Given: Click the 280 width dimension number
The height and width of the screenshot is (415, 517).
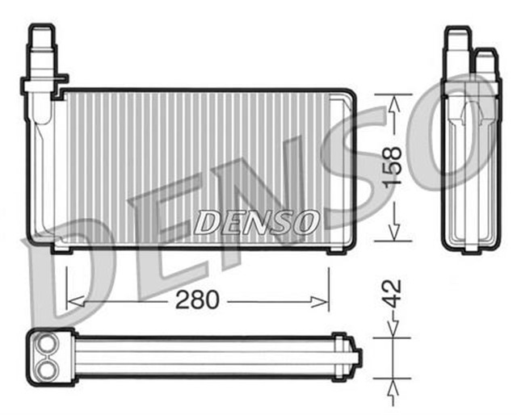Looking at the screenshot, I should click(x=197, y=300).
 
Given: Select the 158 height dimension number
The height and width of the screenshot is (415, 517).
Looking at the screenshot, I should click(x=391, y=167).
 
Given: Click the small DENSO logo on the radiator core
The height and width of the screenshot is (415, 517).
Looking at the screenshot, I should click(x=256, y=222).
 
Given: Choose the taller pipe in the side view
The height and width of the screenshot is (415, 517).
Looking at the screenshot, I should click(x=457, y=44).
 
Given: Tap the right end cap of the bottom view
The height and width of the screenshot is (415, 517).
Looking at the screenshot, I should click(x=353, y=355).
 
